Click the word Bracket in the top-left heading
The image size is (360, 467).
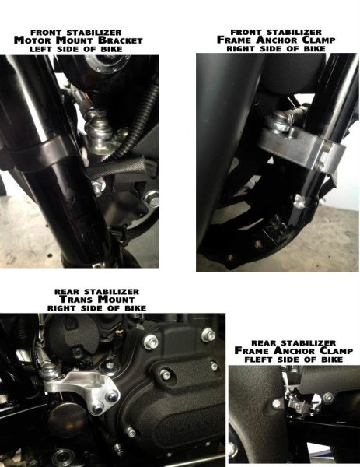click(x=121, y=40)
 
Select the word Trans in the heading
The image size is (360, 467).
click(x=77, y=300)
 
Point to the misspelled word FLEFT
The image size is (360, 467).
click(x=259, y=360)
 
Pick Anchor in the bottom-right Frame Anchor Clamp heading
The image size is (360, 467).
click(x=294, y=350)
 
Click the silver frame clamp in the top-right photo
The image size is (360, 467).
click(x=300, y=148)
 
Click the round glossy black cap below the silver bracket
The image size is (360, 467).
click(x=63, y=420)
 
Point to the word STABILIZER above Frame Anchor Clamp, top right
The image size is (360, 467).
click(x=294, y=32)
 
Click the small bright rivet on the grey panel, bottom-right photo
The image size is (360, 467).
click(x=276, y=404)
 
